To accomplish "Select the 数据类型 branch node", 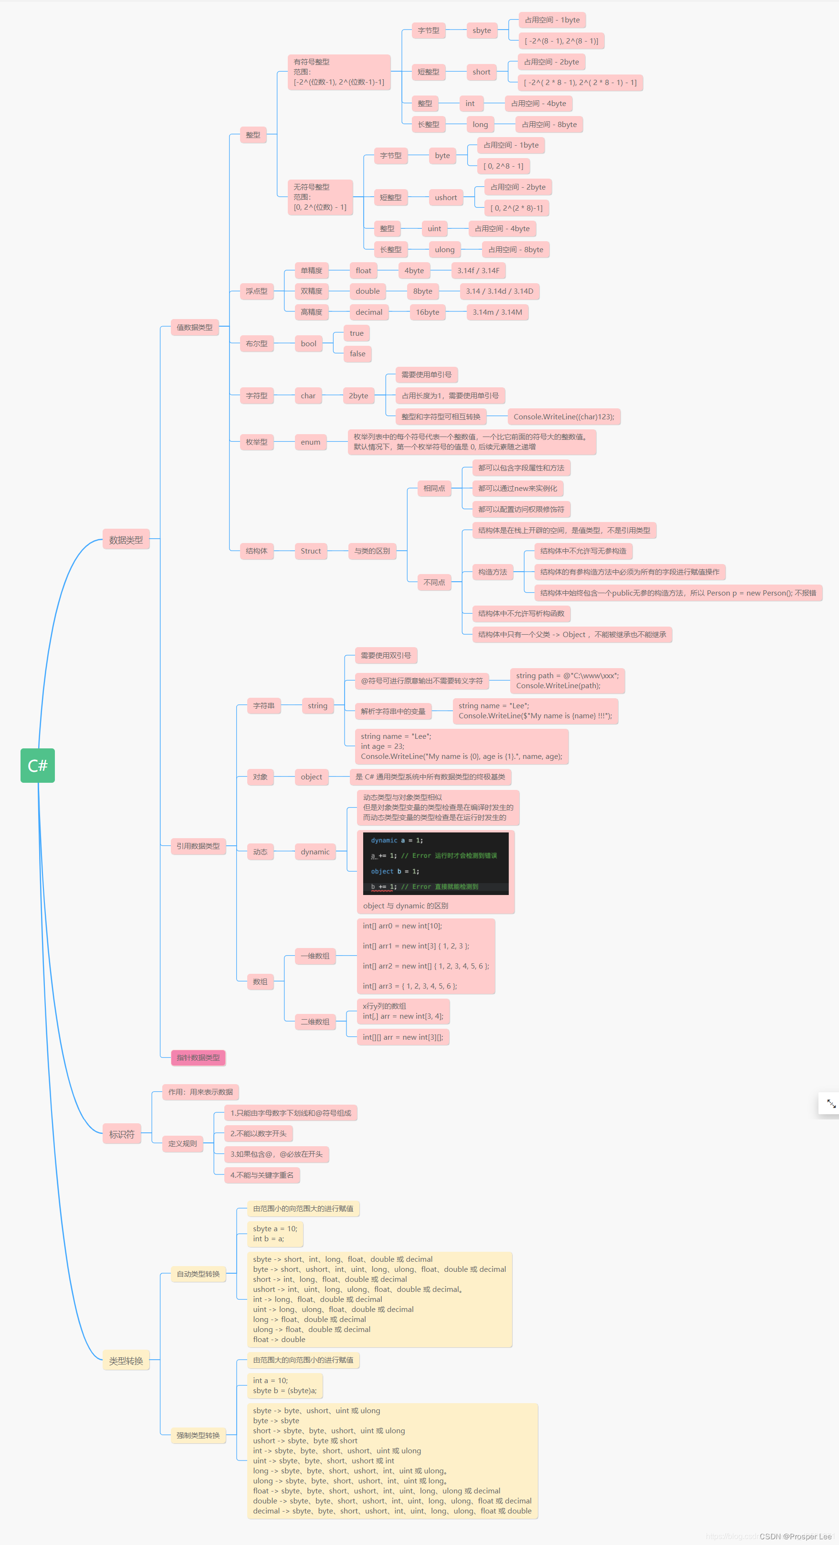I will click(126, 540).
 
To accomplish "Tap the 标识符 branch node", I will click(122, 1134).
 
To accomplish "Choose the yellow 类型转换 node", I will click(126, 1360).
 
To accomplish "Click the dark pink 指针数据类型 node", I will click(198, 1057).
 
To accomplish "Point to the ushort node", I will click(445, 197).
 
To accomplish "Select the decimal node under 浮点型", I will click(368, 312).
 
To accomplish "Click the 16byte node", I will click(427, 312).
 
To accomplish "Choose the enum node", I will click(310, 442).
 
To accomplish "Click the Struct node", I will click(310, 551).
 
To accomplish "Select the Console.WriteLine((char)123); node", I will click(563, 416).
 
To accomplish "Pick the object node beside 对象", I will click(311, 777).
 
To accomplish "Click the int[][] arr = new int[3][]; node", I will click(403, 1037).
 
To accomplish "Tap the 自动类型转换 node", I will click(198, 1273).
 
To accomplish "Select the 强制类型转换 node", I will click(198, 1435).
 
